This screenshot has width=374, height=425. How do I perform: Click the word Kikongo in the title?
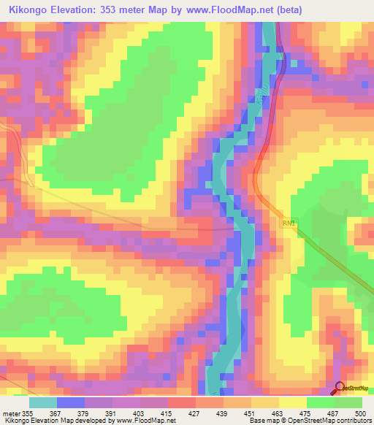click(x=29, y=9)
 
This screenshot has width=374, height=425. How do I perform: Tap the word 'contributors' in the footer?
click(x=351, y=420)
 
